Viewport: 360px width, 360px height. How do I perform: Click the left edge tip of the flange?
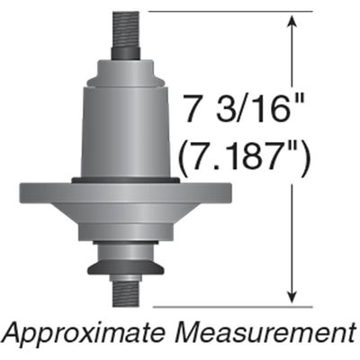pos(22,193)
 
